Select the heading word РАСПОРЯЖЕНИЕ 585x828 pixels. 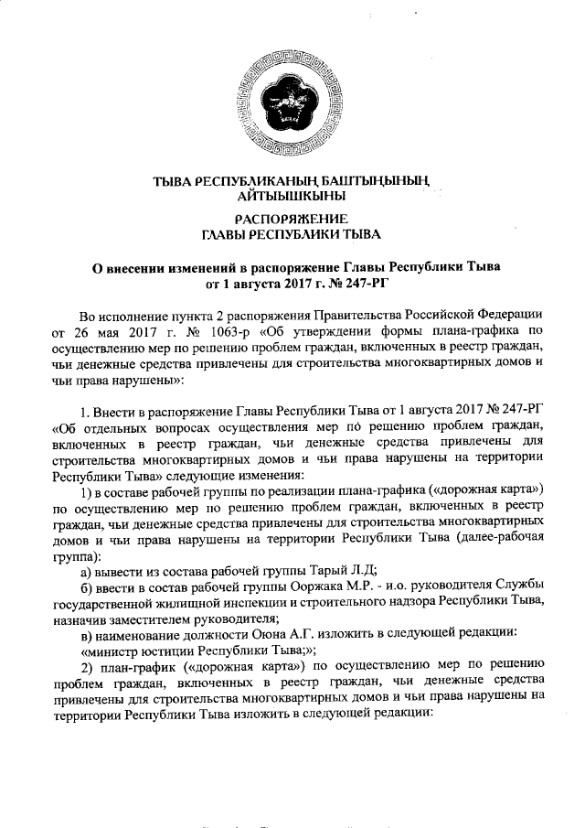tap(290, 219)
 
